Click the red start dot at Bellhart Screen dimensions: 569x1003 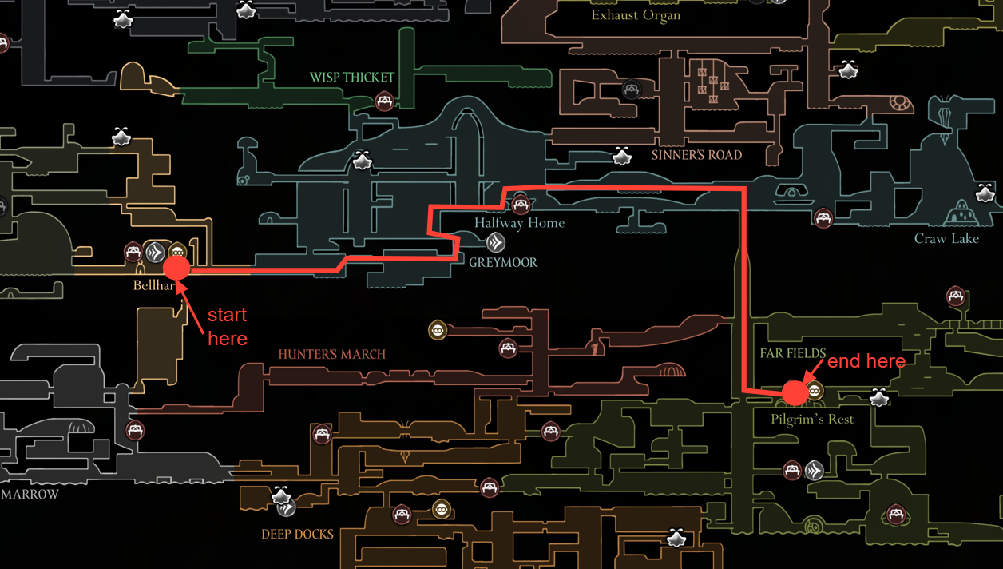(176, 268)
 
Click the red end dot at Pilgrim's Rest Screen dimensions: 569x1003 (795, 392)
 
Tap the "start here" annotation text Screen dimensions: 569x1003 (227, 326)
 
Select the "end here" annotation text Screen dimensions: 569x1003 (866, 362)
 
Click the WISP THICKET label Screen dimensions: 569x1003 (352, 78)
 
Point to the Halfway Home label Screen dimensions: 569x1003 (519, 223)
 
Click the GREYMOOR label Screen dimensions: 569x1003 (503, 262)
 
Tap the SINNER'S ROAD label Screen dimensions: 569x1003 (696, 155)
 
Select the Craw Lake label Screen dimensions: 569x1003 (946, 238)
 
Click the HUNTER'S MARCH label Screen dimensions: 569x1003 (331, 354)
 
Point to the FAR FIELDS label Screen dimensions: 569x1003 (793, 353)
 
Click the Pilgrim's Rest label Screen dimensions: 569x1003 (812, 419)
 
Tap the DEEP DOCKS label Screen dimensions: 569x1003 (297, 534)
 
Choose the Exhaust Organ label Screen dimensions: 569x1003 (636, 15)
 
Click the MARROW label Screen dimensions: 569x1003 (30, 495)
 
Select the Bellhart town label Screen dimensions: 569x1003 (153, 285)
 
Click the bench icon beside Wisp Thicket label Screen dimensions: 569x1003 (385, 101)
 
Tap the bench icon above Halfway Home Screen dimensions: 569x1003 (521, 205)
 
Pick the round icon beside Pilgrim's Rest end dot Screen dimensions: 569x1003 (815, 391)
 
